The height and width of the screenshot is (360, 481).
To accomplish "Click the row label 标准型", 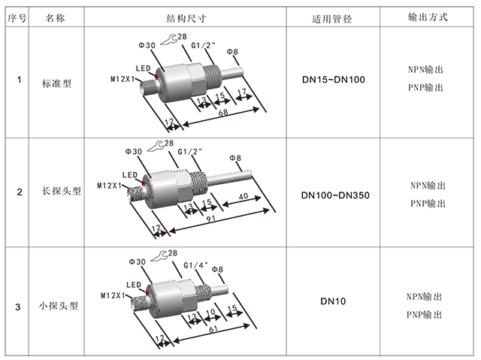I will pyautogui.click(x=57, y=84).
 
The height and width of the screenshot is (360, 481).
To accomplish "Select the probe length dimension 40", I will pyautogui.click(x=242, y=197).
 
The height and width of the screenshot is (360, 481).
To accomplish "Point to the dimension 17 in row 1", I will pyautogui.click(x=242, y=93).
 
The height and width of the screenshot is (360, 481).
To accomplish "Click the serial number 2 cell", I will pyautogui.click(x=19, y=192).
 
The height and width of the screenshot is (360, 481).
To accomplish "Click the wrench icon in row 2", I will pyautogui.click(x=156, y=144).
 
